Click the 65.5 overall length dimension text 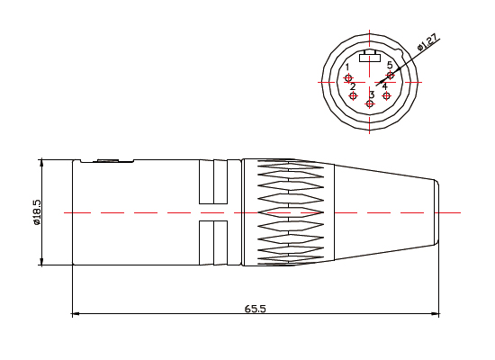(x=255, y=308)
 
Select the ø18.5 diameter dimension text (x=37, y=214)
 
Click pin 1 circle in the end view (x=349, y=78)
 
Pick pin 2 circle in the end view (x=354, y=95)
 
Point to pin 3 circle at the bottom (x=370, y=104)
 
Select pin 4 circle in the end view (x=387, y=95)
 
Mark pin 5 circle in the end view (x=390, y=76)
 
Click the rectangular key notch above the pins (x=370, y=59)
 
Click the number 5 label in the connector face (x=390, y=66)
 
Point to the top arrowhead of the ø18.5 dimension (x=41, y=164)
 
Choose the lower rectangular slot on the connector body (x=213, y=243)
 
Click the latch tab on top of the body (x=108, y=161)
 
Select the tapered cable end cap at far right (x=434, y=212)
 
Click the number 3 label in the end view (x=372, y=94)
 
